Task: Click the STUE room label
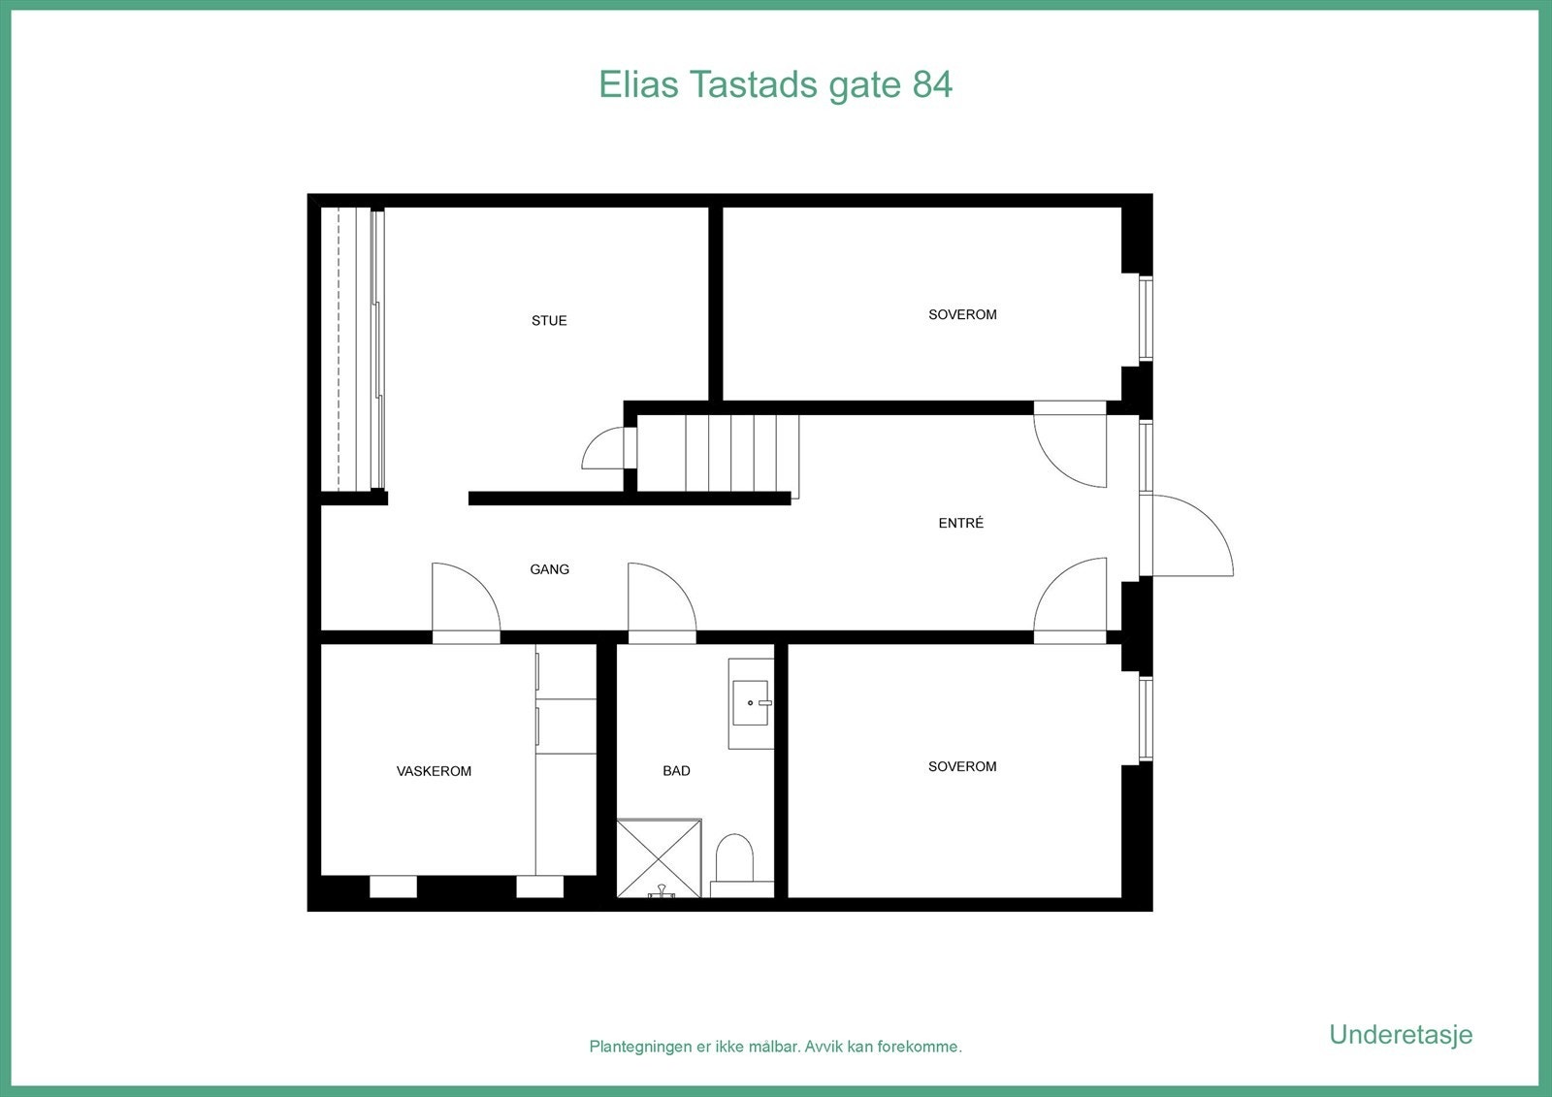coord(549,321)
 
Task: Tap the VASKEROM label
coord(434,772)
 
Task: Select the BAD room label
coord(676,771)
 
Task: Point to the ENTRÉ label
coord(960,523)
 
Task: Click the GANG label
coord(549,569)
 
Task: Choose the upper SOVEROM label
coord(962,315)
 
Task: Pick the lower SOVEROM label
coord(962,767)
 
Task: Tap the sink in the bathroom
coord(751,703)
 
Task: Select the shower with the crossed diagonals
coord(660,858)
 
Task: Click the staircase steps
coord(742,454)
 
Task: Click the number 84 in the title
coord(932,84)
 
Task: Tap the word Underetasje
coord(1400,1035)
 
